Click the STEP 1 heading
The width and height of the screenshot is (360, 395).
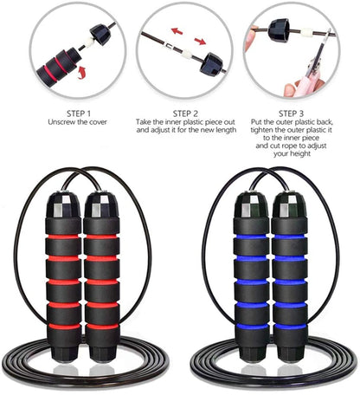(x=61, y=112)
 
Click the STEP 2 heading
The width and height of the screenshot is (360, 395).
(x=180, y=112)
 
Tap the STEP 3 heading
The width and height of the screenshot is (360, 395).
(x=298, y=112)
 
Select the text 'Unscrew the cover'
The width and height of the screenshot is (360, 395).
(x=61, y=122)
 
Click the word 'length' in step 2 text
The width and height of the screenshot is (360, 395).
(x=223, y=131)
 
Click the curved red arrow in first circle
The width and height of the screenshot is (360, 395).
(x=83, y=74)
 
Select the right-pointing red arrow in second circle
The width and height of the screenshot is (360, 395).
(x=200, y=40)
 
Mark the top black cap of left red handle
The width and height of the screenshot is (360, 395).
(x=65, y=205)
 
